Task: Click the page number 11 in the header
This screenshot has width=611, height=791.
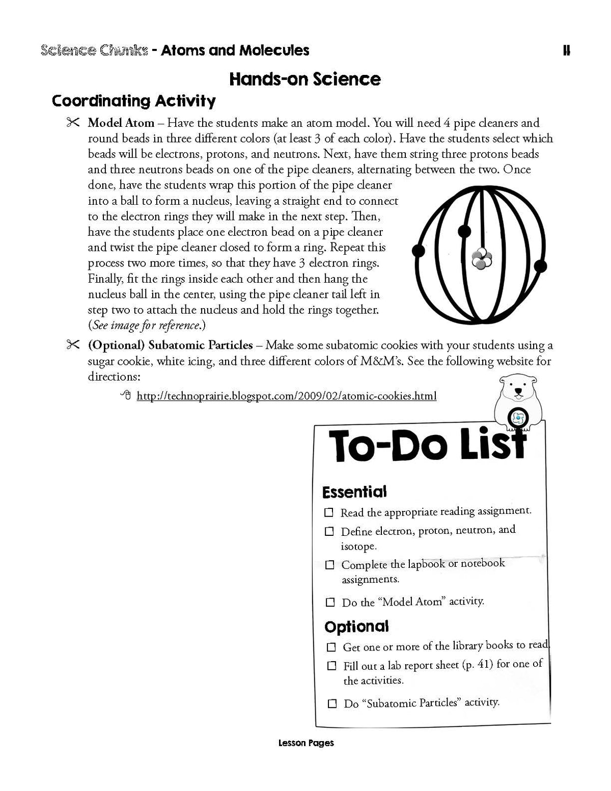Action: [x=566, y=50]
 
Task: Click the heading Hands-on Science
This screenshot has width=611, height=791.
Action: [x=304, y=79]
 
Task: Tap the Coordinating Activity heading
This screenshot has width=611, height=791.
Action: [x=133, y=101]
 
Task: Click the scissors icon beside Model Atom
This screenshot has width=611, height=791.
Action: [x=72, y=123]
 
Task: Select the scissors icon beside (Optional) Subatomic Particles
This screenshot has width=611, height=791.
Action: [x=72, y=345]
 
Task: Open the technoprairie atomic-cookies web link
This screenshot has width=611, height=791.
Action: [x=286, y=396]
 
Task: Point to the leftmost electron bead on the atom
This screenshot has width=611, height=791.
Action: [x=418, y=251]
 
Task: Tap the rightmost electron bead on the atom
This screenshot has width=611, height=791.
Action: [x=541, y=266]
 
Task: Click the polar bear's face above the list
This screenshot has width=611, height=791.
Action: [x=518, y=390]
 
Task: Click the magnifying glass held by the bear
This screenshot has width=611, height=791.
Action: [x=519, y=418]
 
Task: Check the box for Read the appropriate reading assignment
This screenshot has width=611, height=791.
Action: [x=329, y=512]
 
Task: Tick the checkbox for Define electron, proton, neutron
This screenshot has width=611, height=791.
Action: [x=329, y=531]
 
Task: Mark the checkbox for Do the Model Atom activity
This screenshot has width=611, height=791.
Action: [x=330, y=602]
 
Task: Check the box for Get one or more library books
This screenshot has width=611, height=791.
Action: [x=331, y=647]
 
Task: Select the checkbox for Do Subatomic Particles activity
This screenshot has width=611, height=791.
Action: [x=332, y=703]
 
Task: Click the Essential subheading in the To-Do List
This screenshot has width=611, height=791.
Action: [x=354, y=492]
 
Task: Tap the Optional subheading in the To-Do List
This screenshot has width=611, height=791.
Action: [x=356, y=626]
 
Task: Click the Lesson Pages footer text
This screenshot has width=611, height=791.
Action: [x=306, y=743]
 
